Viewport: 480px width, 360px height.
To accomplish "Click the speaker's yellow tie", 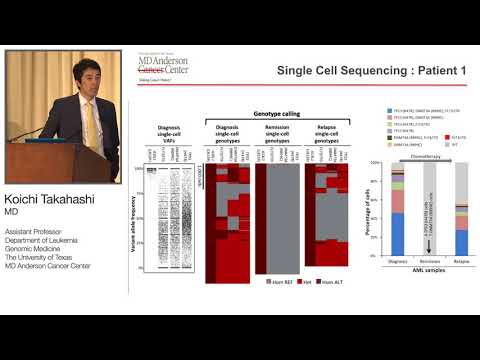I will point(87,124).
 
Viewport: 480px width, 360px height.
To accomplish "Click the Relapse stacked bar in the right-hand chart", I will point(461,220).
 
